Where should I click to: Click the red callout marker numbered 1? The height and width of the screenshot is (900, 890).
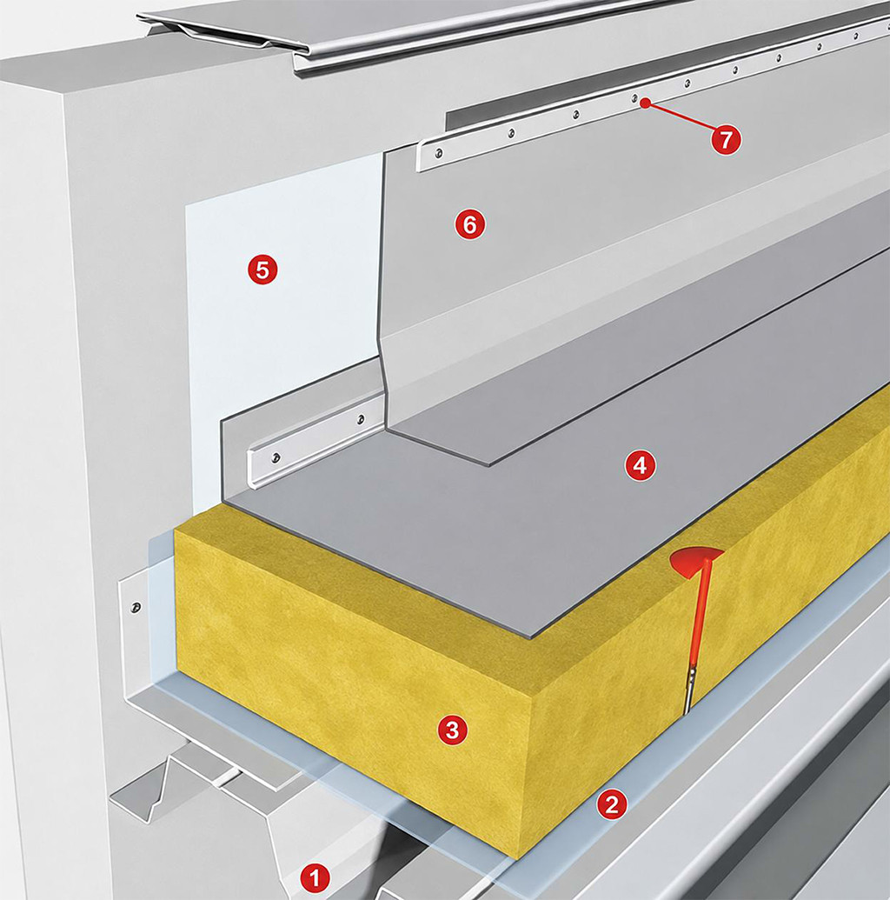314,877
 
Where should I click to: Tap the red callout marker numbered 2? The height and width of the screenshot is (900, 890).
612,804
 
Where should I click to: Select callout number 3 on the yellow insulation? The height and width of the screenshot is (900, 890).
452,730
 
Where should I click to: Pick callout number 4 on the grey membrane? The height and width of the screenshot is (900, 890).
640,465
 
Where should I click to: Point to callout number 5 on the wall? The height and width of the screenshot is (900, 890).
262,269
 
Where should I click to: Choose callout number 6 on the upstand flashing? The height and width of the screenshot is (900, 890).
469,224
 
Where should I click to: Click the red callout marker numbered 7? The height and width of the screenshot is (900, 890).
726,139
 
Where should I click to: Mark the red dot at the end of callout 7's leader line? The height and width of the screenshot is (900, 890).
646,103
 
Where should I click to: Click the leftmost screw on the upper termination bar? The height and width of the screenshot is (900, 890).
438,153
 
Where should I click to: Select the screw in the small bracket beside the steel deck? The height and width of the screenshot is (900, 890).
136,607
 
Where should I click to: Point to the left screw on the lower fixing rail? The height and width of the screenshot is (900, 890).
276,457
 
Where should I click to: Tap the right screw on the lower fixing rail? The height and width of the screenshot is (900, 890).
361,418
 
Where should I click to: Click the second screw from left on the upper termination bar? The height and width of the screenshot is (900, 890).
511,133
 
